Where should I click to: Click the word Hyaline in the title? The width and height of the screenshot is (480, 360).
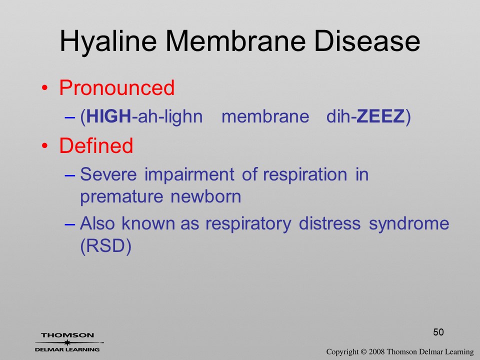108,42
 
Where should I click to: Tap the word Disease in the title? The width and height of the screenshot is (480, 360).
367,41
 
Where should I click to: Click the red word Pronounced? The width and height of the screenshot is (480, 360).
116,88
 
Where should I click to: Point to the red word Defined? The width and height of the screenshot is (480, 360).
96,145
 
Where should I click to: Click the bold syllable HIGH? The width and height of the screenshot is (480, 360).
108,116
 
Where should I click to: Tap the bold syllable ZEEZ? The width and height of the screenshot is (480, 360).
380,116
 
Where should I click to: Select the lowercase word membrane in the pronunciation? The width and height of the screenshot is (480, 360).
265,116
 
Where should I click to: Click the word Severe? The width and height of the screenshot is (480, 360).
108,174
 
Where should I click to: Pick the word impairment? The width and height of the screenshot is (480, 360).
189,175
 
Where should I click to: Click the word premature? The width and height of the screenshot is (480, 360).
121,197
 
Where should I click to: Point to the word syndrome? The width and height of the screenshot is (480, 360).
409,224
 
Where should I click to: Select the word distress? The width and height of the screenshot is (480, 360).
329,223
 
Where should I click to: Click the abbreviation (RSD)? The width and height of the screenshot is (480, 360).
106,246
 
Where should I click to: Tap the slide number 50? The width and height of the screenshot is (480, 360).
438,332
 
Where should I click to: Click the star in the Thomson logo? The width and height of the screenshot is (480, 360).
67,342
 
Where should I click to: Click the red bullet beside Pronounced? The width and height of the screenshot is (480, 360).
45,88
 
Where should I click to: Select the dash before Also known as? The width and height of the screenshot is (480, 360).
70,224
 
